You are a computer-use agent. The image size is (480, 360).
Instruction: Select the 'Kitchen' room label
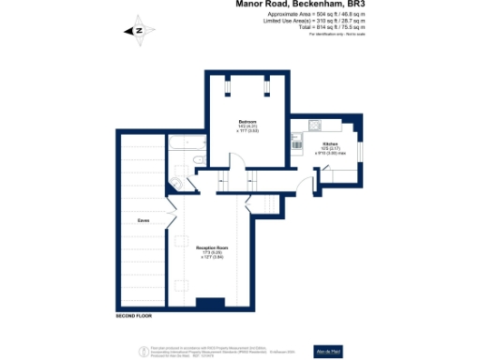pos(319,144)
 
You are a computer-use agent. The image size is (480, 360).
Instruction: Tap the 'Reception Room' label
pos(212,247)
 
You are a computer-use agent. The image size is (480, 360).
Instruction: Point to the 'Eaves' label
pos(143,220)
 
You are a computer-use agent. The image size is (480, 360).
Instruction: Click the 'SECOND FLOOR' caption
pos(135,316)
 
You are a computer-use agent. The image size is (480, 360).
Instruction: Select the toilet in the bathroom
pos(178,184)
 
